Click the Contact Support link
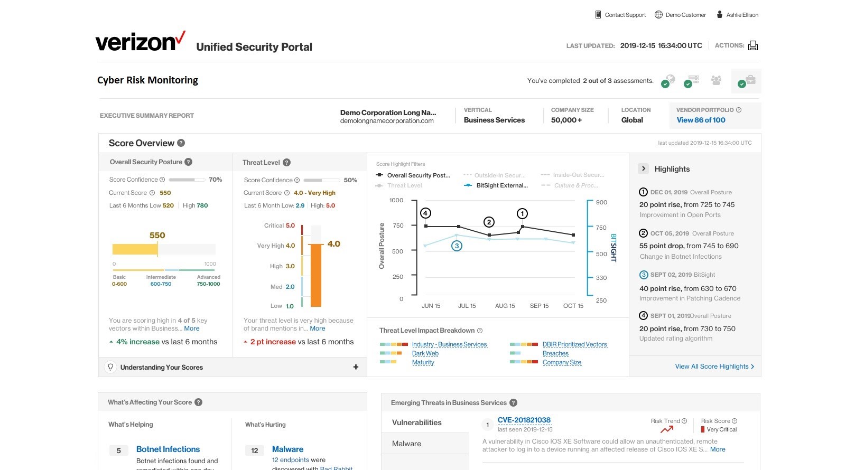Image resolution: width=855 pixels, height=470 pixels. (625, 15)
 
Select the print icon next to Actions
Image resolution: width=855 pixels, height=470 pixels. (753, 46)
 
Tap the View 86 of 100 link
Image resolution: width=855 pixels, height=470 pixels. (701, 120)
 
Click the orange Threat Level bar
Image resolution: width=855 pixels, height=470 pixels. (316, 275)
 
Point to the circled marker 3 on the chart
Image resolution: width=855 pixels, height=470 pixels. (457, 246)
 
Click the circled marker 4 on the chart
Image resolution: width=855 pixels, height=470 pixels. (425, 213)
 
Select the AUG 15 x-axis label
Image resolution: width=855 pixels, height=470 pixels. (505, 306)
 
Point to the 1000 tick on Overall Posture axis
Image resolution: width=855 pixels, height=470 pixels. (396, 200)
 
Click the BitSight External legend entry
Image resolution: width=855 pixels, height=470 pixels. (501, 185)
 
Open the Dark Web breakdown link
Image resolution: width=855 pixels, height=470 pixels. (425, 353)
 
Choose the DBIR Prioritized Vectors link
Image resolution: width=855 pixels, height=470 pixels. (574, 344)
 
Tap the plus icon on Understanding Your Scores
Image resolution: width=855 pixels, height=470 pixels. (356, 367)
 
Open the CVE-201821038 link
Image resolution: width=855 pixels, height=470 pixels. (524, 420)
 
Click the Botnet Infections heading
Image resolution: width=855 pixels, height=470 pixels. (168, 449)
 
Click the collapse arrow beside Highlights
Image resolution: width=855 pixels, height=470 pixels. (643, 169)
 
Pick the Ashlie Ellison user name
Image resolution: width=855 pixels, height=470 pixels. (742, 15)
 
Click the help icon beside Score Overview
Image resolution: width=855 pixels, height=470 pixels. (181, 143)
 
